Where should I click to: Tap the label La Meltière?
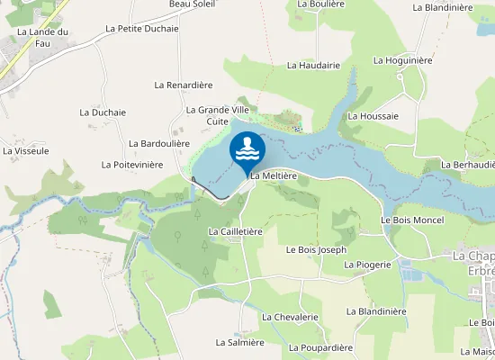tap(274, 176)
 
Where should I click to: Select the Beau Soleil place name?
tap(192, 4)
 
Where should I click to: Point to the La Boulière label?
tap(321, 4)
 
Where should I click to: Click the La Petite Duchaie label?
tap(142, 28)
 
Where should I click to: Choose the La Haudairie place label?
tap(313, 65)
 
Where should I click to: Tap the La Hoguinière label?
tap(403, 60)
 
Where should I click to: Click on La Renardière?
tap(183, 85)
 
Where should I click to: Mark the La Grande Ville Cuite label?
tap(217, 115)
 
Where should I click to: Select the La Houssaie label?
tap(373, 116)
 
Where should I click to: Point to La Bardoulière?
tap(159, 143)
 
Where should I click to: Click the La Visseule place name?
tap(26, 150)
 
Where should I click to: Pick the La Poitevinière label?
tap(132, 165)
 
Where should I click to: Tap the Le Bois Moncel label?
tap(412, 220)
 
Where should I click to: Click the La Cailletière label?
tap(235, 231)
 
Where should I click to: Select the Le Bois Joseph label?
tap(316, 249)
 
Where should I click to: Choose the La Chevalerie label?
tap(291, 317)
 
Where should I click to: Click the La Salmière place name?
tap(239, 342)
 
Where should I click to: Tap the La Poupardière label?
tap(319, 347)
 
